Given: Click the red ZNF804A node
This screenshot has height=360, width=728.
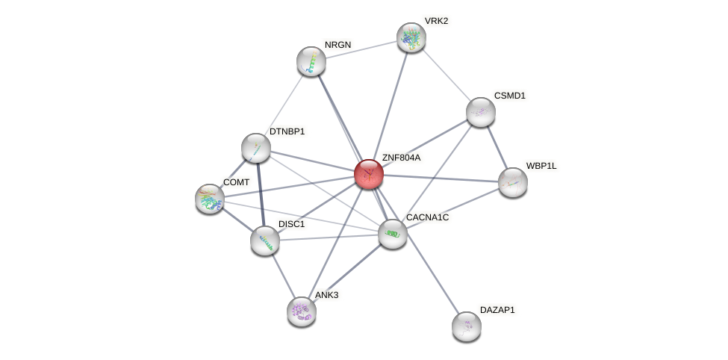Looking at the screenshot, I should (368, 174).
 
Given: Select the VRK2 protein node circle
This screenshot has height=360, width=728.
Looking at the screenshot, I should (411, 37).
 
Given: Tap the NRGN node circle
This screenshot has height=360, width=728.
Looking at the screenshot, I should (311, 61).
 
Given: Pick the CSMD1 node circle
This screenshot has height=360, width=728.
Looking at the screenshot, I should (480, 112).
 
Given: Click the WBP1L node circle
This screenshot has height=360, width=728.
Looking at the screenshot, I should (512, 182).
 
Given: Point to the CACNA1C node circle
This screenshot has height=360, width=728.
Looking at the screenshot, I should (392, 234).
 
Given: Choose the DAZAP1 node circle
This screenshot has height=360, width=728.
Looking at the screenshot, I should (466, 326).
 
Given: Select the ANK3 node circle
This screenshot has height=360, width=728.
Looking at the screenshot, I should (301, 311).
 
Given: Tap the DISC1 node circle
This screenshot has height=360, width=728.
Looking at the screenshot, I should (264, 240).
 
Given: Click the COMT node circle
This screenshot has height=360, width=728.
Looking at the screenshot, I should (209, 199).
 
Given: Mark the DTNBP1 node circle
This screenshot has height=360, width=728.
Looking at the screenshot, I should (255, 148).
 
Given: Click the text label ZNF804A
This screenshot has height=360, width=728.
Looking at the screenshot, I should (401, 158).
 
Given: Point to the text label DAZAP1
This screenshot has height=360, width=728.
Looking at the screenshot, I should (497, 309).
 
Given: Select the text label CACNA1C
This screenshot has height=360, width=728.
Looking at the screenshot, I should (427, 217).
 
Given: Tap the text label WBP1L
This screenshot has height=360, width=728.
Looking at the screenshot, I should (541, 166).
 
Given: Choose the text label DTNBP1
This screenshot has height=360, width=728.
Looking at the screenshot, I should (287, 131).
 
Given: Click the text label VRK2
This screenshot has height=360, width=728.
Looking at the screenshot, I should (436, 21).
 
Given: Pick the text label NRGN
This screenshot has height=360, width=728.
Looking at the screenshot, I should (337, 45).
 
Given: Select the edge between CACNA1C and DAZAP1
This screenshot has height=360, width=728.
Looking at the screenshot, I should (429, 280).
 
